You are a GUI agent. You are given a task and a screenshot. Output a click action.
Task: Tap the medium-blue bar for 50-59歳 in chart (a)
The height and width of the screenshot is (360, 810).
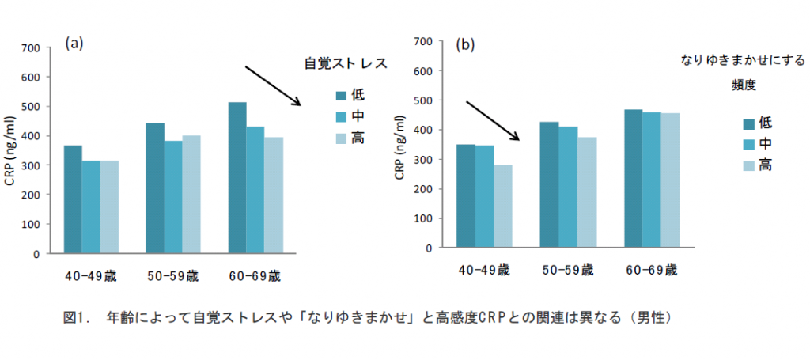172,197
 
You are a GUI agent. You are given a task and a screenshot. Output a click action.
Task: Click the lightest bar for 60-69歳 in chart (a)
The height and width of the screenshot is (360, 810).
273,195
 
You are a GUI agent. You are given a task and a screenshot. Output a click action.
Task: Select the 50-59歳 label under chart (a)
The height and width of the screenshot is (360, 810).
172,276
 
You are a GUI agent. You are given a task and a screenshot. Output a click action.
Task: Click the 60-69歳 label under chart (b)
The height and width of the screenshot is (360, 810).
650,270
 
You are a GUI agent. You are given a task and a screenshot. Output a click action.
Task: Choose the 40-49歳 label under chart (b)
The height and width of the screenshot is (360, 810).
484,270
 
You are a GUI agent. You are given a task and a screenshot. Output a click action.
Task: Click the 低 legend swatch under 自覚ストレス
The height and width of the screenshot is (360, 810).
342,96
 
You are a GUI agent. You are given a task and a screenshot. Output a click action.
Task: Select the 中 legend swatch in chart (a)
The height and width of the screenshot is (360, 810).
342,116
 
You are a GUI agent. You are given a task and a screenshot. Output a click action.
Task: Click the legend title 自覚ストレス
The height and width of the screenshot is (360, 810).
346,64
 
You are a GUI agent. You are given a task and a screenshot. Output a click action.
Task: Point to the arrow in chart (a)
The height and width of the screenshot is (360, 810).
274,85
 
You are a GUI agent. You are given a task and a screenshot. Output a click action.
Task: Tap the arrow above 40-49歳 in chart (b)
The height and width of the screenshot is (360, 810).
493,120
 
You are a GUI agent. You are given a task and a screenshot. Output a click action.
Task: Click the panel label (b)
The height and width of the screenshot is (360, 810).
464,44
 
